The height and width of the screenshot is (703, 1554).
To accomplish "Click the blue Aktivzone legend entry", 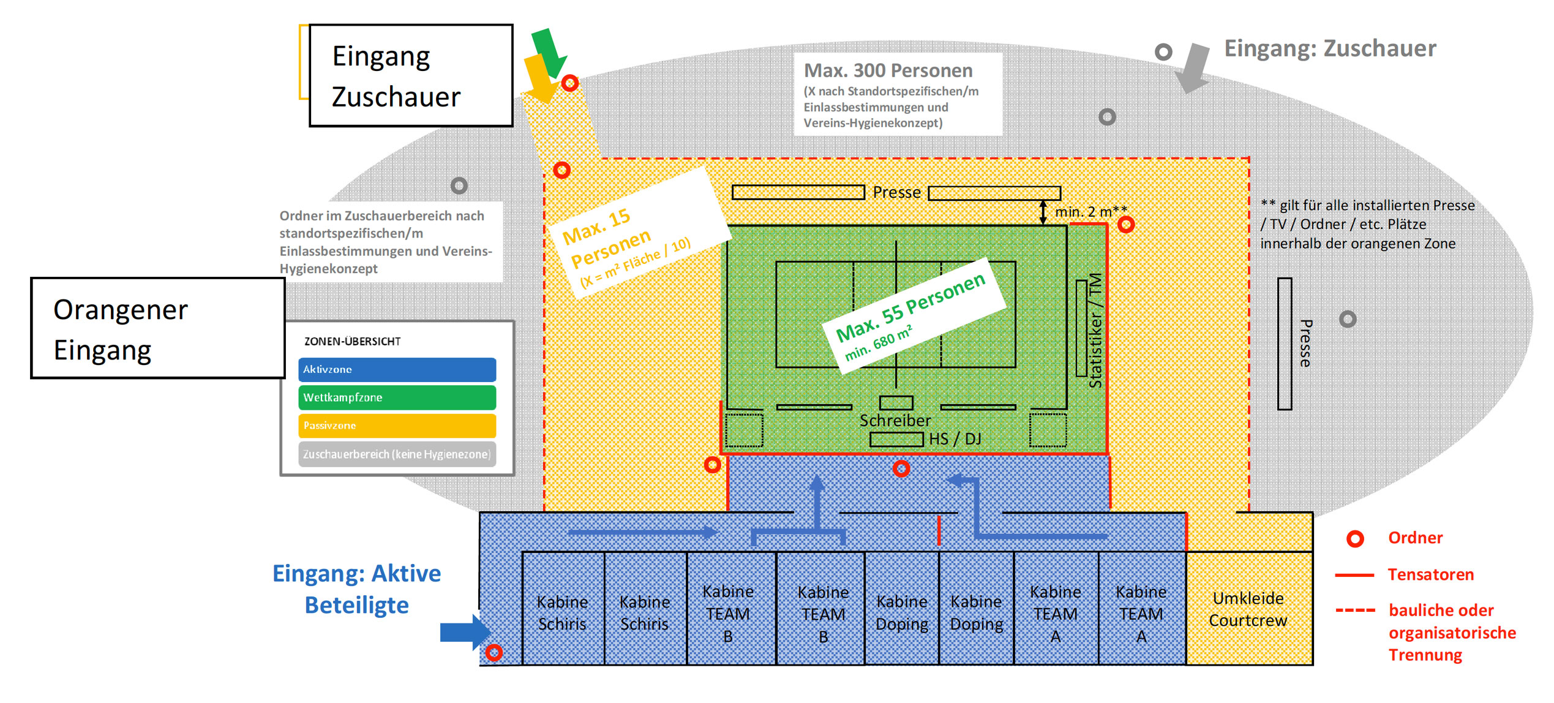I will (397, 370).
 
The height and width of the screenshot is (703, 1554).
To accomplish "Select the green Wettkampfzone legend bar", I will (397, 398).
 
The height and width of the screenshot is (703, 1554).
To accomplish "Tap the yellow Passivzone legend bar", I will (397, 426).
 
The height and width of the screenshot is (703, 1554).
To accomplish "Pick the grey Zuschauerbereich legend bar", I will (397, 454).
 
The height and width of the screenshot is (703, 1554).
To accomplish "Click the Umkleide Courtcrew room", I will (1248, 609).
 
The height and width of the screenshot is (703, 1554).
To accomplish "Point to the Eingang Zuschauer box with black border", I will (411, 76).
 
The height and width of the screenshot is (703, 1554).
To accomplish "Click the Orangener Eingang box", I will (158, 329).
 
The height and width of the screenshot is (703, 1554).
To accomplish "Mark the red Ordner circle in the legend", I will (1355, 539).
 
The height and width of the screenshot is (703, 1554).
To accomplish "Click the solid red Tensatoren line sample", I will (1354, 575).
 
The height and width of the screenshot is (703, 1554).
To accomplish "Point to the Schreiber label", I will (895, 421).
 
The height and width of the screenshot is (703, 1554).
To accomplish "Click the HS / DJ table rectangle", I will (896, 440).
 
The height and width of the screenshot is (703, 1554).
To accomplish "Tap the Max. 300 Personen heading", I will (888, 71).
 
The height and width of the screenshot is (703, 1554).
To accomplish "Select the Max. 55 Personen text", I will (910, 307).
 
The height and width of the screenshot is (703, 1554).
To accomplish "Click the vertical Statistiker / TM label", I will (1095, 331).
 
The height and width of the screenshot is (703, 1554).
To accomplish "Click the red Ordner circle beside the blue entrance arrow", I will (494, 653).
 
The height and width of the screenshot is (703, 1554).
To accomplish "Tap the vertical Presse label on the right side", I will (1305, 344).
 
